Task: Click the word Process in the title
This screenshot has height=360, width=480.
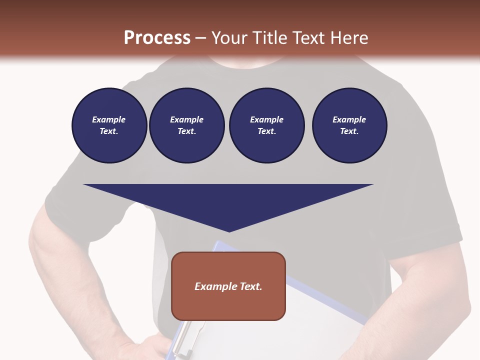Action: click(x=157, y=38)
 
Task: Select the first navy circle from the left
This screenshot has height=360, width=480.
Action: click(x=109, y=125)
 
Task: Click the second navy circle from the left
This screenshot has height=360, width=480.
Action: click(x=186, y=125)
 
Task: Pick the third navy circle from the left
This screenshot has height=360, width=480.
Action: click(x=266, y=125)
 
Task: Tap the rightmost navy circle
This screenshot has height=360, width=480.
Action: click(x=349, y=125)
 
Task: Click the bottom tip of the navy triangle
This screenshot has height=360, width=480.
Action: click(x=229, y=231)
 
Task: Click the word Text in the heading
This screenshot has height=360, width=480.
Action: click(x=308, y=38)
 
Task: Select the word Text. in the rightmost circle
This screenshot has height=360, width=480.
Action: click(x=349, y=131)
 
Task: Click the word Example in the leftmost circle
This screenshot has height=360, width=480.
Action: click(x=109, y=119)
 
